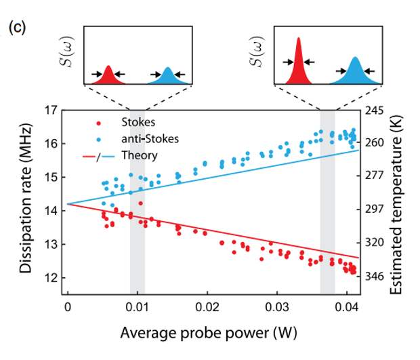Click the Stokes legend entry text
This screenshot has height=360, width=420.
tap(138, 123)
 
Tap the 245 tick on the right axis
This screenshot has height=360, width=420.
tap(376, 110)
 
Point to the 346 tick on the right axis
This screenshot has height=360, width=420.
tap(376, 276)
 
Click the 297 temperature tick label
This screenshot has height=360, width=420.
tap(376, 208)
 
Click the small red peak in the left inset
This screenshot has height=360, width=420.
tap(108, 75)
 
